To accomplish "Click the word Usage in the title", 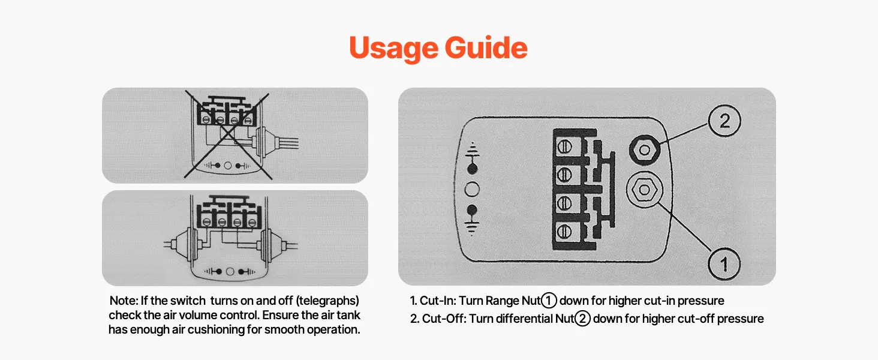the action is click(393, 48).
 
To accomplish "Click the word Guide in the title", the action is click(486, 47).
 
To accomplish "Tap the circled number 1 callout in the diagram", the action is click(724, 263).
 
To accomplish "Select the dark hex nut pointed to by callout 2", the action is click(645, 150).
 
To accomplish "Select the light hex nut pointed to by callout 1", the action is click(645, 190).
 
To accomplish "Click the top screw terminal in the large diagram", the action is click(564, 147).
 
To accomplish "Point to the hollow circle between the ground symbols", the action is click(472, 190).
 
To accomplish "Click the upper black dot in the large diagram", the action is click(473, 169).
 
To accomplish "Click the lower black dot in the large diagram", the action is click(473, 210).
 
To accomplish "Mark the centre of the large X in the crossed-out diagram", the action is click(228, 134).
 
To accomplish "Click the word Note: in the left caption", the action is click(124, 301).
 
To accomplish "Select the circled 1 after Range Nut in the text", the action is click(549, 301).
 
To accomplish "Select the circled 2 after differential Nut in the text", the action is click(582, 319).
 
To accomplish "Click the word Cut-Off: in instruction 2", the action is click(444, 319).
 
